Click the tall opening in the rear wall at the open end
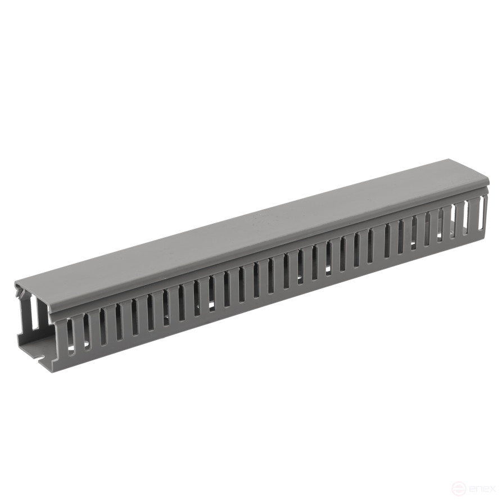click(34, 312)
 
